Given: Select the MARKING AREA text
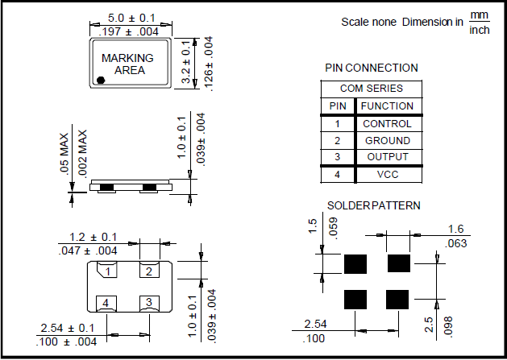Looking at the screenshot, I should [x=127, y=64].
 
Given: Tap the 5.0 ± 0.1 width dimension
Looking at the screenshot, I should [x=128, y=17].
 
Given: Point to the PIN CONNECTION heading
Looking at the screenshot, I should [x=372, y=68].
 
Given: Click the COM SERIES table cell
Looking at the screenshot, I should [x=372, y=89].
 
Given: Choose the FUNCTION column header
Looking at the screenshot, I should [x=388, y=106].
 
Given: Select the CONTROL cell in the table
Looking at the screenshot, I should [x=388, y=124].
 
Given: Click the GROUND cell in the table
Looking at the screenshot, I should [x=388, y=141].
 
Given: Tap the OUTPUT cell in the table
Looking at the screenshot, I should [x=388, y=157].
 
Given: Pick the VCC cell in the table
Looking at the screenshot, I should [x=388, y=175].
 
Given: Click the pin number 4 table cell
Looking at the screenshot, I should [x=337, y=175].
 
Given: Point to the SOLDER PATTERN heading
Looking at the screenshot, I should [x=373, y=206].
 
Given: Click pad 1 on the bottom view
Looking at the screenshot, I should [x=106, y=271].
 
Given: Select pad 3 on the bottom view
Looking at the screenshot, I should [x=149, y=303].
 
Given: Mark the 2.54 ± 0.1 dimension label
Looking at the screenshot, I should [x=67, y=329].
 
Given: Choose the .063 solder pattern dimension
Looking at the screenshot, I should [x=456, y=243].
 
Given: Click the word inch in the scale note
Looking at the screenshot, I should [x=480, y=30].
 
